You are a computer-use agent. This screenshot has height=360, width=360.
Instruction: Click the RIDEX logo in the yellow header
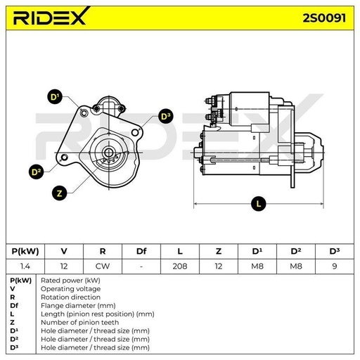coord(51,16)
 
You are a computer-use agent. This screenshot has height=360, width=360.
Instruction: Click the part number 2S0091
coord(324,18)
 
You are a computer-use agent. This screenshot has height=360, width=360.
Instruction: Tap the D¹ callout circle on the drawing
coord(55,96)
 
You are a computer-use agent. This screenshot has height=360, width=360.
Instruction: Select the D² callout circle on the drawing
coord(36,172)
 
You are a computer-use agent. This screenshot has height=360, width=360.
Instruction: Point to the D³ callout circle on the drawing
coord(166,116)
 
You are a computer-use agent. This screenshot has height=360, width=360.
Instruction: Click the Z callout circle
coord(60,193)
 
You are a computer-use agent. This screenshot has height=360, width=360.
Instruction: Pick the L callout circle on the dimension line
coord(259,203)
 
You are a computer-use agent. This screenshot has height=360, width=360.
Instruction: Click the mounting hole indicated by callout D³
coord(135,132)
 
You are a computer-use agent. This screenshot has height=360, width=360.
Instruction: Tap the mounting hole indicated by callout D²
coord(64,157)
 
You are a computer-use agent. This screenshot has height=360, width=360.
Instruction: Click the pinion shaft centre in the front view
coord(108,153)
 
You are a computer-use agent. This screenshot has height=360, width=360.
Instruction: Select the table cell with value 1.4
coord(25,266)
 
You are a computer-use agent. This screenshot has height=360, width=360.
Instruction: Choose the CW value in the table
coord(103,266)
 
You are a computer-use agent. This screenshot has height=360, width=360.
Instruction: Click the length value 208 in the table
coord(180,266)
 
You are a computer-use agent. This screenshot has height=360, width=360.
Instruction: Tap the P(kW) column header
coord(25,251)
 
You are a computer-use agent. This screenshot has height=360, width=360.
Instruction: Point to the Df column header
coord(141,251)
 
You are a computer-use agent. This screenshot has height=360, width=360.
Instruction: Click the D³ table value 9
coord(335,266)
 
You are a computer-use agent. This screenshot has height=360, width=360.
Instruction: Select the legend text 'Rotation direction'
coord(70,297)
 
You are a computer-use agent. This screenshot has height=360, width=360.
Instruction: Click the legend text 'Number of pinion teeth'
coord(79,323)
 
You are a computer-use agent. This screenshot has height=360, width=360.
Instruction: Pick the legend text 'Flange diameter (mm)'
coord(78,306)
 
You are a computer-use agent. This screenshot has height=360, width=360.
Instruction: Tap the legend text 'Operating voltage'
coord(70,289)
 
